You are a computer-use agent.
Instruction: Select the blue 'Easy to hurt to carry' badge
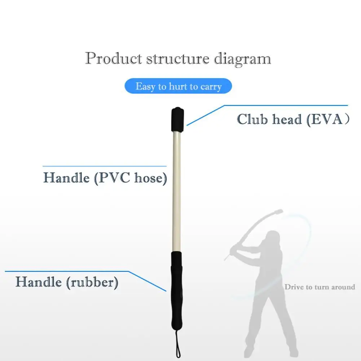click(x=179, y=87)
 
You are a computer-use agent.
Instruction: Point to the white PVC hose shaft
click(x=177, y=188)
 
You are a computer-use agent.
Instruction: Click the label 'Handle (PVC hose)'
click(x=105, y=178)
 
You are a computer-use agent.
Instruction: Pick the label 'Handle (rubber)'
click(x=67, y=282)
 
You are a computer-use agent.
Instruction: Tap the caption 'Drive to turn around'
click(x=320, y=287)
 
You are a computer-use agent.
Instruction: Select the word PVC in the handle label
click(x=114, y=178)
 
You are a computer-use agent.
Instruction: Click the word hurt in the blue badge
click(x=177, y=87)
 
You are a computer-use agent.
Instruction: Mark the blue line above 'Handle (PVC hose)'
click(x=105, y=166)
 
